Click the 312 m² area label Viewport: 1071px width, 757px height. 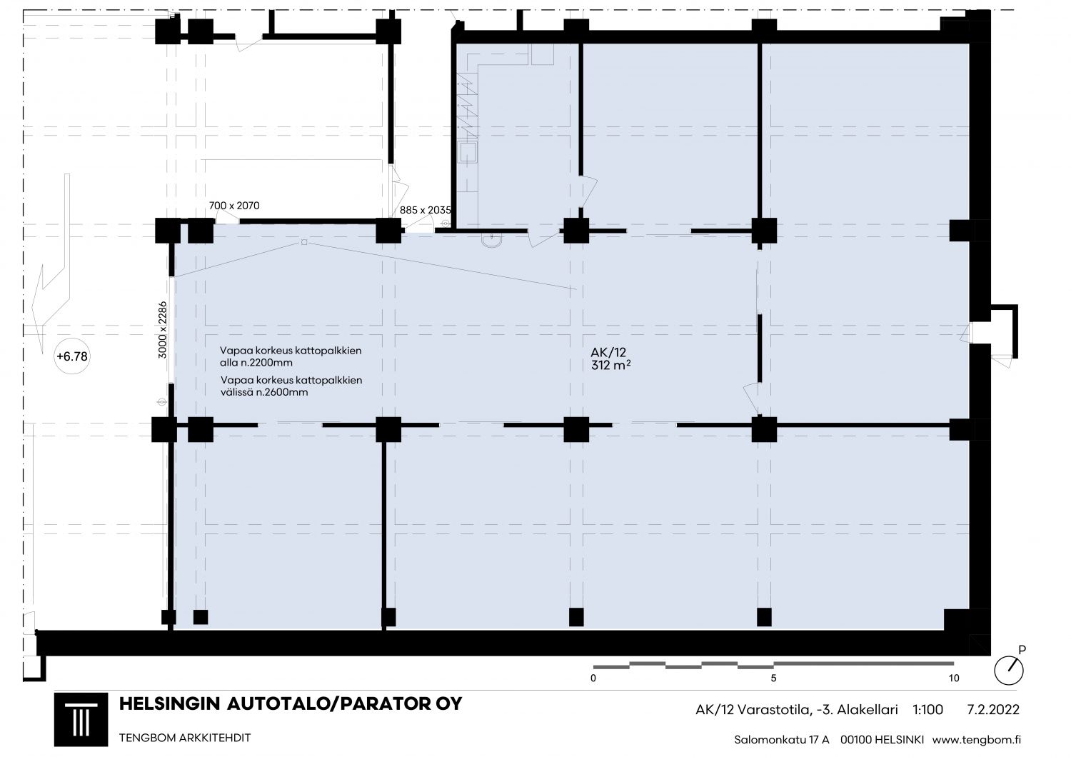(x=610, y=366)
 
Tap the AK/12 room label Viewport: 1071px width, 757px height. (x=608, y=353)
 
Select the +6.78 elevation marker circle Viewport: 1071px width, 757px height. (x=71, y=356)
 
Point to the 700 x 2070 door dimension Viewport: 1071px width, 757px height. (x=234, y=206)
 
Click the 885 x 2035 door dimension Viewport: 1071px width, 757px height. (x=425, y=210)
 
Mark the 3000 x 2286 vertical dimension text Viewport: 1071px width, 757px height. (x=163, y=329)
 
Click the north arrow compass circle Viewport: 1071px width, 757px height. (x=1009, y=671)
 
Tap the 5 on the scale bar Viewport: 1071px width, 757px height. (x=773, y=678)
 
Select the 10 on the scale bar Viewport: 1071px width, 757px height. (x=954, y=678)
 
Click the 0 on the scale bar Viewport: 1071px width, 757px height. (x=593, y=678)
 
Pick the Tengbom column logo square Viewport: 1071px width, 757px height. (x=81, y=719)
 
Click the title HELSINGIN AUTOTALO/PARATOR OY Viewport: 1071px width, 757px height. (x=291, y=704)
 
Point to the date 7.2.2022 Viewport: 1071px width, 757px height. (x=993, y=710)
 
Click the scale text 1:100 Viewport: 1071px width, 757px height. (x=928, y=710)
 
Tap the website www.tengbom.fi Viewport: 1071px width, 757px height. (x=977, y=740)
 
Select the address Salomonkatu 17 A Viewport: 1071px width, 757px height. (x=782, y=740)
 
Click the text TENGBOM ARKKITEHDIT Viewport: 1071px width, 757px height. (x=185, y=738)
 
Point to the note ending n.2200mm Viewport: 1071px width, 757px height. (x=291, y=357)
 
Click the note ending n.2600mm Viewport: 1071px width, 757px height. (x=291, y=386)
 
